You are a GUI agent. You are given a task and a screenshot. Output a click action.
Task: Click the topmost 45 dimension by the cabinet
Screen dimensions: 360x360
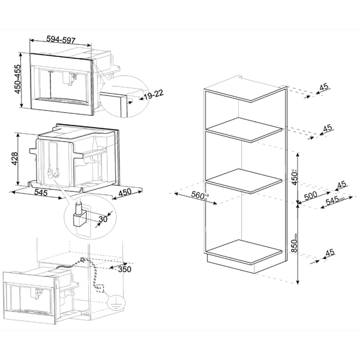pos(324,88)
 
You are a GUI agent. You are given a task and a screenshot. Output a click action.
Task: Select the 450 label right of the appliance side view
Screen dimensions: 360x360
pos(124,194)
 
